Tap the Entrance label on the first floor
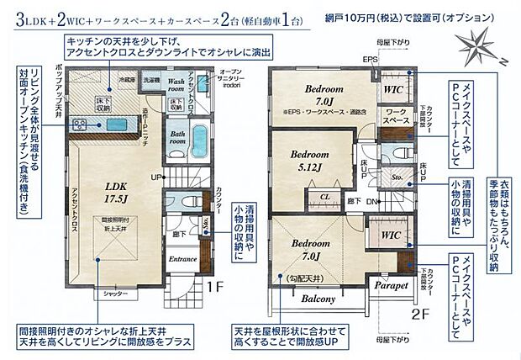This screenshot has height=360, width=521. pos(183,259)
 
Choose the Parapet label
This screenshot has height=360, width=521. pos(391,286)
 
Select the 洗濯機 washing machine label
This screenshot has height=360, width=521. pos(150,79)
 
